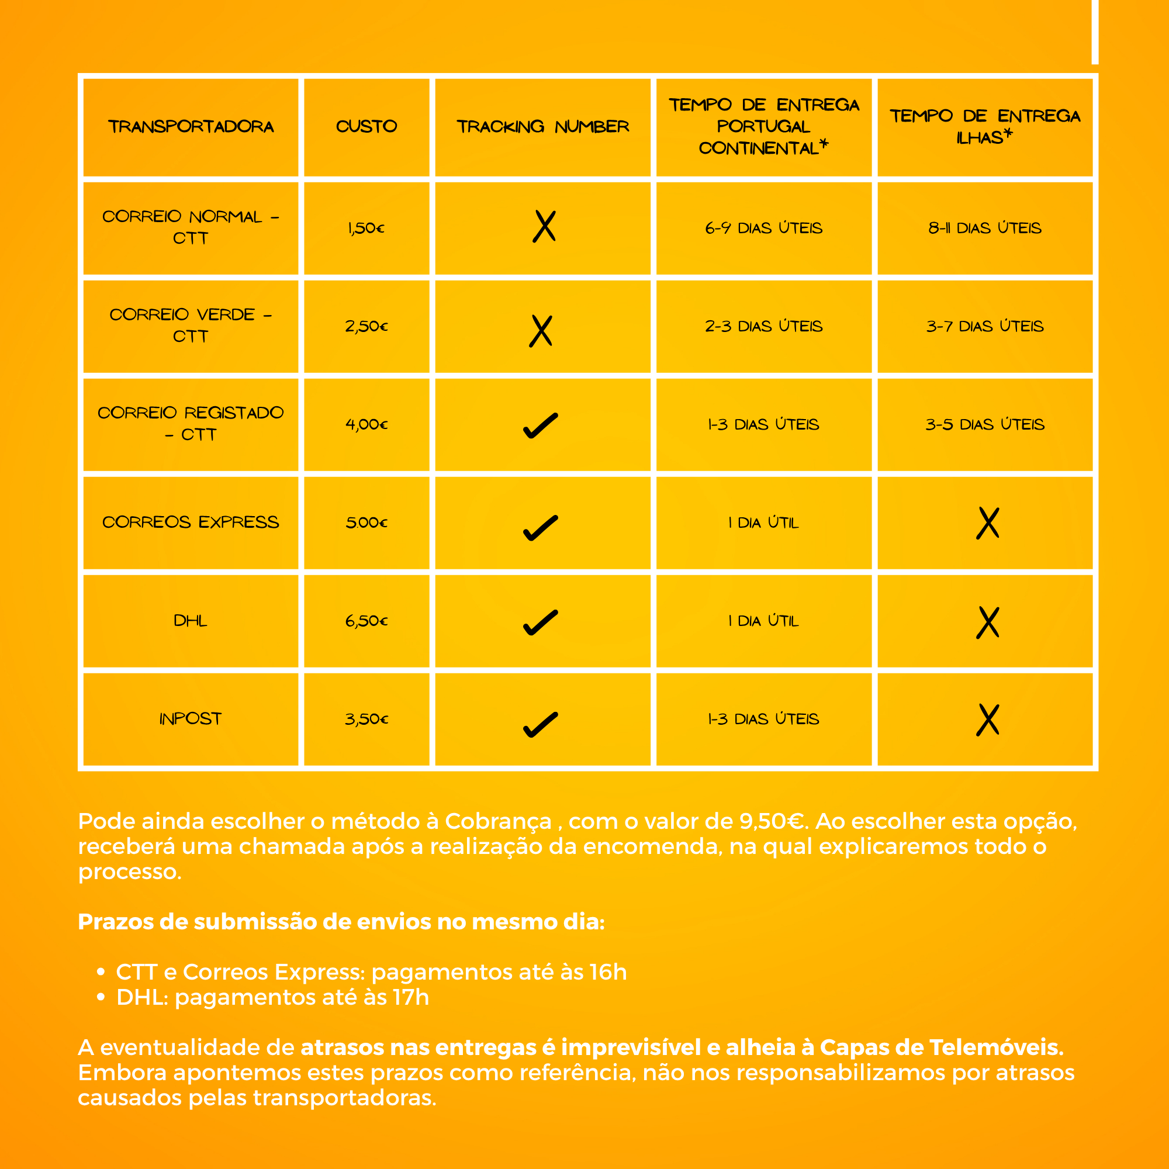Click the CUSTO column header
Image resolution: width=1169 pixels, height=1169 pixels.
[x=366, y=126]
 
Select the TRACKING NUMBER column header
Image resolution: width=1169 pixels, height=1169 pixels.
[x=543, y=126]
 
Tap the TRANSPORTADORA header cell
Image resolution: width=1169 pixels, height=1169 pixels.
[x=191, y=126]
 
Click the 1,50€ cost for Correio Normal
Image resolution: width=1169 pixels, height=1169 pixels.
[x=366, y=228]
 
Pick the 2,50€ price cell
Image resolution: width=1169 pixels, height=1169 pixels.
[x=366, y=327]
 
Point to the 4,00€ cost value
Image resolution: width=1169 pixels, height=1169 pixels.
[x=366, y=425]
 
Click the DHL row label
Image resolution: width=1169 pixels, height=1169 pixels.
[x=191, y=621]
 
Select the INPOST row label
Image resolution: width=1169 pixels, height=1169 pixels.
[x=191, y=719]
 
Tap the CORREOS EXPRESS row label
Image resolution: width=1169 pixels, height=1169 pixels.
[x=191, y=522]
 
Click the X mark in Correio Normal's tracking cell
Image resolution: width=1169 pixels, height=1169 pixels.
[x=544, y=227]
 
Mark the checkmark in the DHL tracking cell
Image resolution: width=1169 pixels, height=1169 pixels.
[x=540, y=622]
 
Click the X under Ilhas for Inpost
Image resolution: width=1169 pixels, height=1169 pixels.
[x=987, y=720]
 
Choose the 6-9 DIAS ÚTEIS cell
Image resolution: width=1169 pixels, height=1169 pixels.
[x=763, y=228]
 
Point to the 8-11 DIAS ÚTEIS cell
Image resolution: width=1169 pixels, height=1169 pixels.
[x=984, y=228]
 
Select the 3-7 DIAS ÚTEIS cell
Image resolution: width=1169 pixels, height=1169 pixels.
[x=984, y=327]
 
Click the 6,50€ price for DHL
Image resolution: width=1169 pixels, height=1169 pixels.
[x=366, y=621]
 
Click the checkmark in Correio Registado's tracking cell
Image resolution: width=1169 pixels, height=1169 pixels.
[x=540, y=426]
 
